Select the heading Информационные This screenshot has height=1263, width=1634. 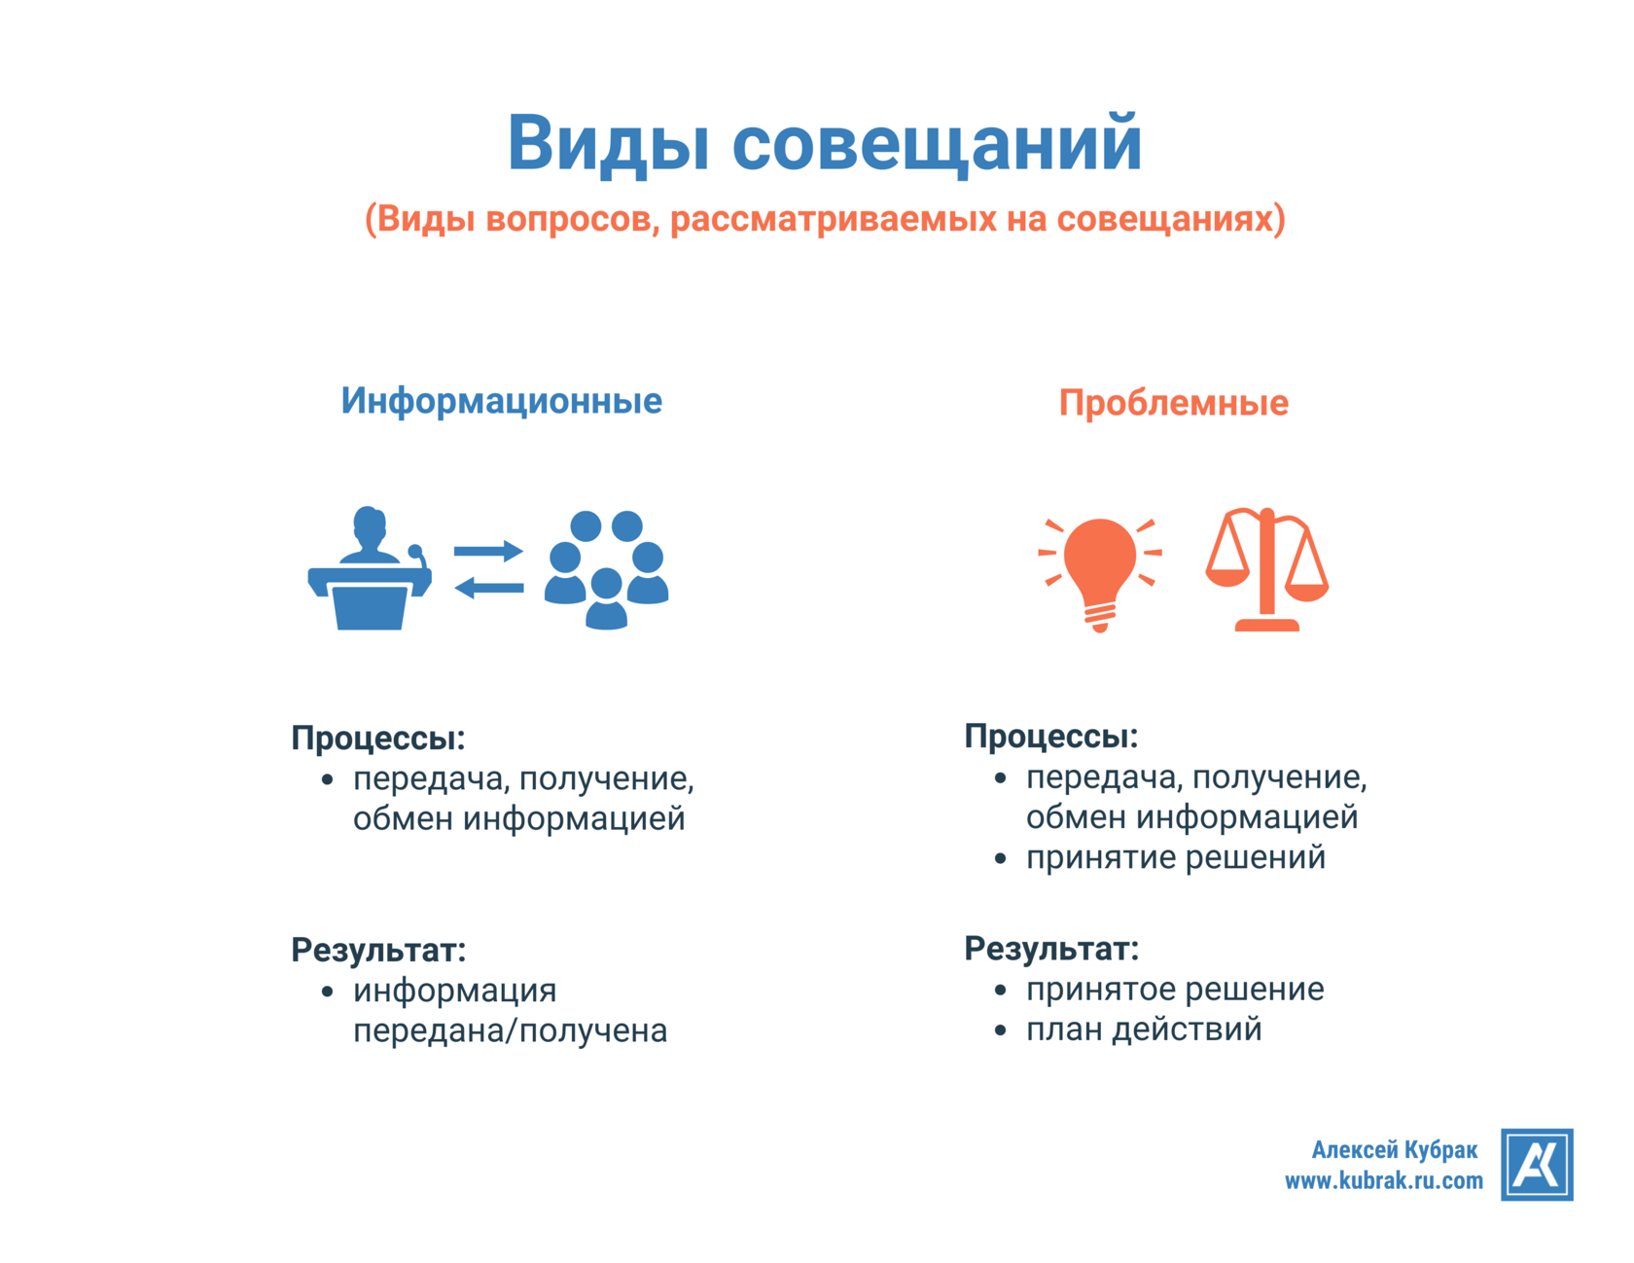click(501, 401)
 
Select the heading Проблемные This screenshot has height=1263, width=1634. click(1173, 403)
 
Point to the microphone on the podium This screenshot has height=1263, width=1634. click(416, 553)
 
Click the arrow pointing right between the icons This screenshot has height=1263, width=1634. click(488, 552)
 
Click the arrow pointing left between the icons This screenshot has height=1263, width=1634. click(488, 588)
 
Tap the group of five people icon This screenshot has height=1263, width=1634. click(606, 570)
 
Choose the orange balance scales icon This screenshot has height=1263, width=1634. click(1266, 570)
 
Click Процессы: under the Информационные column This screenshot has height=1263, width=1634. click(378, 739)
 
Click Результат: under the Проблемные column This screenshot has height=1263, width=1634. click(1051, 949)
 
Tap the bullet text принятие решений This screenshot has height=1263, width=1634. click(1175, 858)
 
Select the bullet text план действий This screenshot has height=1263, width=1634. click(1144, 1029)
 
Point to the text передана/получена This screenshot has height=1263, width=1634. click(510, 1030)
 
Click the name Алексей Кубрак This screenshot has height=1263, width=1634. click(1394, 1150)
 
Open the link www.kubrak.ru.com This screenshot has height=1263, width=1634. click(1383, 1181)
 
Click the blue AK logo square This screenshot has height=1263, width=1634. click(1536, 1165)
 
